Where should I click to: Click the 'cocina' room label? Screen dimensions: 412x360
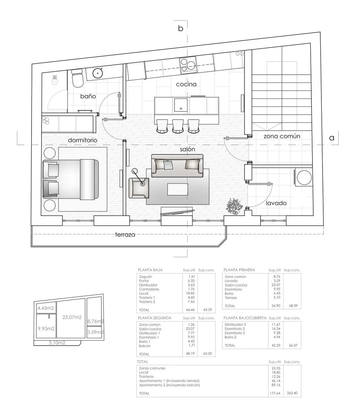pyautogui.click(x=186, y=85)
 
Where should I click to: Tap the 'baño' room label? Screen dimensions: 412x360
pyautogui.click(x=88, y=97)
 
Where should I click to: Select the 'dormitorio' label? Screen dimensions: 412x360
pyautogui.click(x=82, y=140)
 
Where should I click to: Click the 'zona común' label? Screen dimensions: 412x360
pyautogui.click(x=282, y=136)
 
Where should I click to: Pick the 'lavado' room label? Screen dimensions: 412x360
pyautogui.click(x=276, y=203)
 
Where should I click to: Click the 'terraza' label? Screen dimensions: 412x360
pyautogui.click(x=125, y=235)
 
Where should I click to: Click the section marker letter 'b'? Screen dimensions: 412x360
pyautogui.click(x=181, y=29)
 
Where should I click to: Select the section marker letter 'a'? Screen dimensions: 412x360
pyautogui.click(x=331, y=138)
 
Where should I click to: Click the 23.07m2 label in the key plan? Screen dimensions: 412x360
pyautogui.click(x=72, y=317)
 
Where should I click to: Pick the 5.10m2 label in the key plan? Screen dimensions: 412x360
pyautogui.click(x=57, y=343)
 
